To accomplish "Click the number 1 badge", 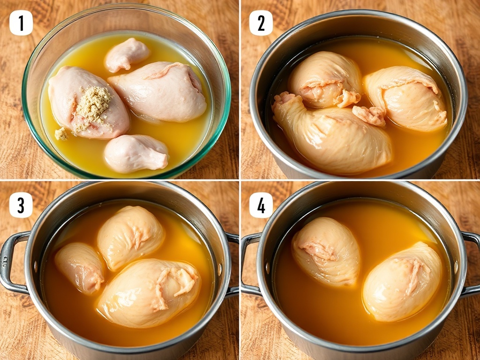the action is click(21, 22).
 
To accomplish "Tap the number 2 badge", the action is click(261, 22).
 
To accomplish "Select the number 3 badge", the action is click(21, 205).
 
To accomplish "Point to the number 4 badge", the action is click(261, 205).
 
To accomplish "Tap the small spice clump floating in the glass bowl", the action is click(61, 134).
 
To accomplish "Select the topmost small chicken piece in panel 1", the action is click(127, 54).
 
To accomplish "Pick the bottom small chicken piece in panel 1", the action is click(136, 153).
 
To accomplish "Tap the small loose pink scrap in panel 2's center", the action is click(369, 115).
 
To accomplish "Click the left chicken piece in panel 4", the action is click(326, 251).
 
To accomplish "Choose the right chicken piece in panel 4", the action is click(403, 282).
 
